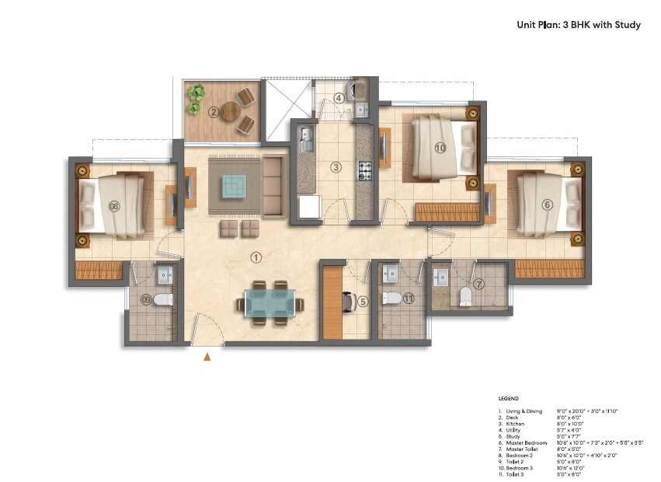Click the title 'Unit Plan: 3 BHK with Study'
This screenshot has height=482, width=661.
click(579, 24)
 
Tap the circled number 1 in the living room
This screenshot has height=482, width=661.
click(256, 257)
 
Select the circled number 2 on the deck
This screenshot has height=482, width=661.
click(213, 111)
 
